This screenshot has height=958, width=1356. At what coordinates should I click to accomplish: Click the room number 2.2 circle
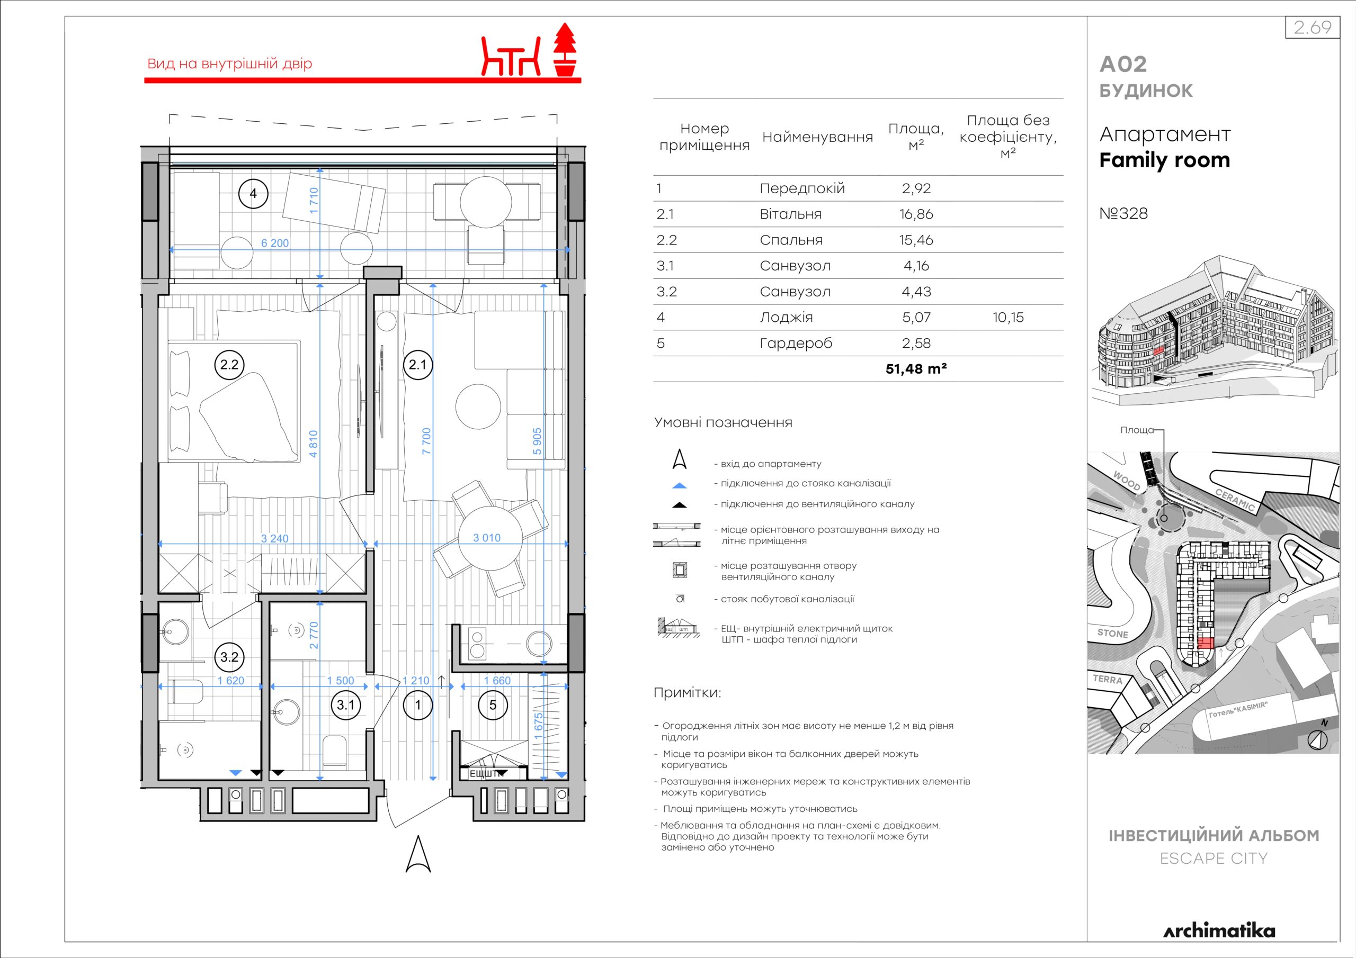[x=229, y=365]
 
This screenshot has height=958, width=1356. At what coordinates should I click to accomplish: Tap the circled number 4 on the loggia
[x=253, y=193]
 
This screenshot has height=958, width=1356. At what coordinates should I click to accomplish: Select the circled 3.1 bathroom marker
[x=345, y=705]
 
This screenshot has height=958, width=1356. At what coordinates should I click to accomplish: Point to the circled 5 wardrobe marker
[x=493, y=705]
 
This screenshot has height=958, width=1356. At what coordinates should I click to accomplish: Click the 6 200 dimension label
[x=275, y=242]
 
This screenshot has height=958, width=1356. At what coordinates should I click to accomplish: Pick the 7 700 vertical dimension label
[x=426, y=440]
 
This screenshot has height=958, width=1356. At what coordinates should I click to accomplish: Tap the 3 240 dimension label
[x=275, y=538]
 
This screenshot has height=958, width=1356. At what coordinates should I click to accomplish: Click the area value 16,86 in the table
[x=916, y=214]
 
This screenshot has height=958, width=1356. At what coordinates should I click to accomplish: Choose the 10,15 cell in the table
[x=1008, y=318]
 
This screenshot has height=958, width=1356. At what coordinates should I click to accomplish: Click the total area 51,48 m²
[x=916, y=369]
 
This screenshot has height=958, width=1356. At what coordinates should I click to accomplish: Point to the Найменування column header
[x=817, y=138]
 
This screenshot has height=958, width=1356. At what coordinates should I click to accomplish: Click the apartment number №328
[x=1123, y=213]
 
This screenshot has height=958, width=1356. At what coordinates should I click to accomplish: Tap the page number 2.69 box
[x=1312, y=28]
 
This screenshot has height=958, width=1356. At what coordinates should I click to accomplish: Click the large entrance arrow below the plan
[x=418, y=854]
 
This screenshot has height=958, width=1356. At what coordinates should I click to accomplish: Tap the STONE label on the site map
[x=1113, y=634]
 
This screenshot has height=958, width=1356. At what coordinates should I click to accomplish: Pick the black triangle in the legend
[x=680, y=505]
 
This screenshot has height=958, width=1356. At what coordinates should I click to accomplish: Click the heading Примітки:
[x=687, y=693]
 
